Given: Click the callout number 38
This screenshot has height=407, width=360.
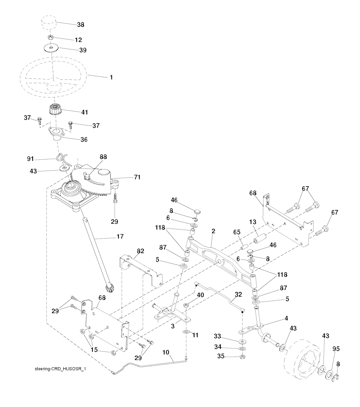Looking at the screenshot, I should tap(81, 25).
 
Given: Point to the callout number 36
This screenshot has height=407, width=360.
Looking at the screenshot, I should tap(83, 139).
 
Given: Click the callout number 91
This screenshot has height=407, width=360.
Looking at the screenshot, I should tap(31, 159).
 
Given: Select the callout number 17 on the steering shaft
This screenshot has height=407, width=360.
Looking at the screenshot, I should tap(120, 236).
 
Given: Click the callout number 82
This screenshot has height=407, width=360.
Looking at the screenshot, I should tap(140, 251).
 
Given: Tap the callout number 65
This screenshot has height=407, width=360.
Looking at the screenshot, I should tap(237, 232).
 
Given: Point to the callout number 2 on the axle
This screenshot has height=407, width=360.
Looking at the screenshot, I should tap(213, 231).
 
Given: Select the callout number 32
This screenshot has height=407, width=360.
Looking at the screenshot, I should tap(238, 295).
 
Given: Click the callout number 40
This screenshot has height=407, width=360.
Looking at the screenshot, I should tap(200, 295).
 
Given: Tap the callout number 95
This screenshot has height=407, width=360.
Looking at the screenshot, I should tap(336, 349).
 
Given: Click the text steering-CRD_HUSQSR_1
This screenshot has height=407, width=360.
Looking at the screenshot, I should tap(60, 369).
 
